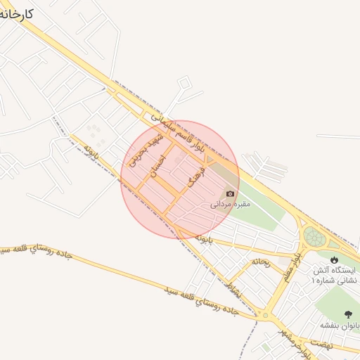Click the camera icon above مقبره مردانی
pos(229,193)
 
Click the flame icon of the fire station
pos(334,259)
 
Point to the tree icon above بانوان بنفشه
pos(347,314)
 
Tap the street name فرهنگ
pos(196,174)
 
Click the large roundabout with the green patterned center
pos(314,237)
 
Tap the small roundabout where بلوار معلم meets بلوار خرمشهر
pos(266,314)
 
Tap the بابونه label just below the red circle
pos(203,239)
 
